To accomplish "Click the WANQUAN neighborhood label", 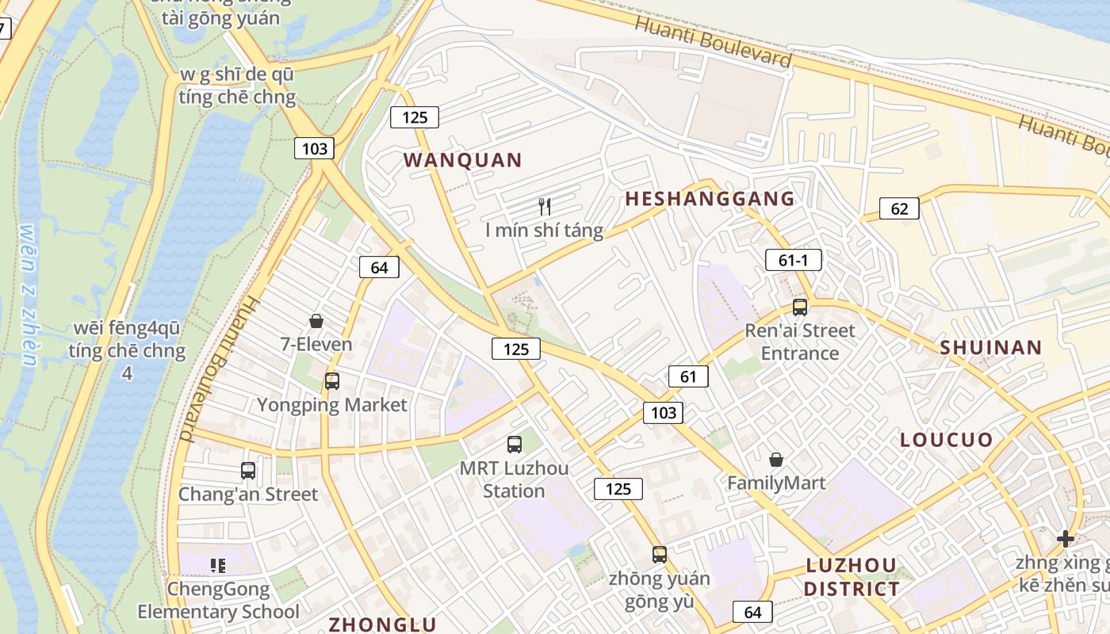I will coord(463,160).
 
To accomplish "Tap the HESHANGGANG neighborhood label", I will coord(710,199).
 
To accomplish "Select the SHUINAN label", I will coord(990,347).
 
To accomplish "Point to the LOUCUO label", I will coord(946,440).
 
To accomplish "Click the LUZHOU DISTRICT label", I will coord(852,577).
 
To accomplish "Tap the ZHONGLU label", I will coord(383,624).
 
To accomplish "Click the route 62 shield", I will coord(899,208).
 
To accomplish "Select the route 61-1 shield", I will coord(793,259).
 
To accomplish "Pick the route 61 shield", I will coord(687,376).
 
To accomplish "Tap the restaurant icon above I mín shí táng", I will coord(545,207).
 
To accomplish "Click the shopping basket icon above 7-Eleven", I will coord(316,321).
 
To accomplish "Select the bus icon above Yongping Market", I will coord(331,381).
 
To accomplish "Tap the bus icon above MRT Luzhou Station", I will coord(515,445).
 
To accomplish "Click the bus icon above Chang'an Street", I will coord(248,470).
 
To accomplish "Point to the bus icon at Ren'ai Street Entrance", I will coord(800,307).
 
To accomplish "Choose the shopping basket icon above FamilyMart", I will coord(776,460).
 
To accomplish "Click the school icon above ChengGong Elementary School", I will coord(218,566).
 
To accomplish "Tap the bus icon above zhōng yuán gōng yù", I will coord(660,555).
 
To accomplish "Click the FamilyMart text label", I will coord(776,483).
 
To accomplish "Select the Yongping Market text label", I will coord(331,405).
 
